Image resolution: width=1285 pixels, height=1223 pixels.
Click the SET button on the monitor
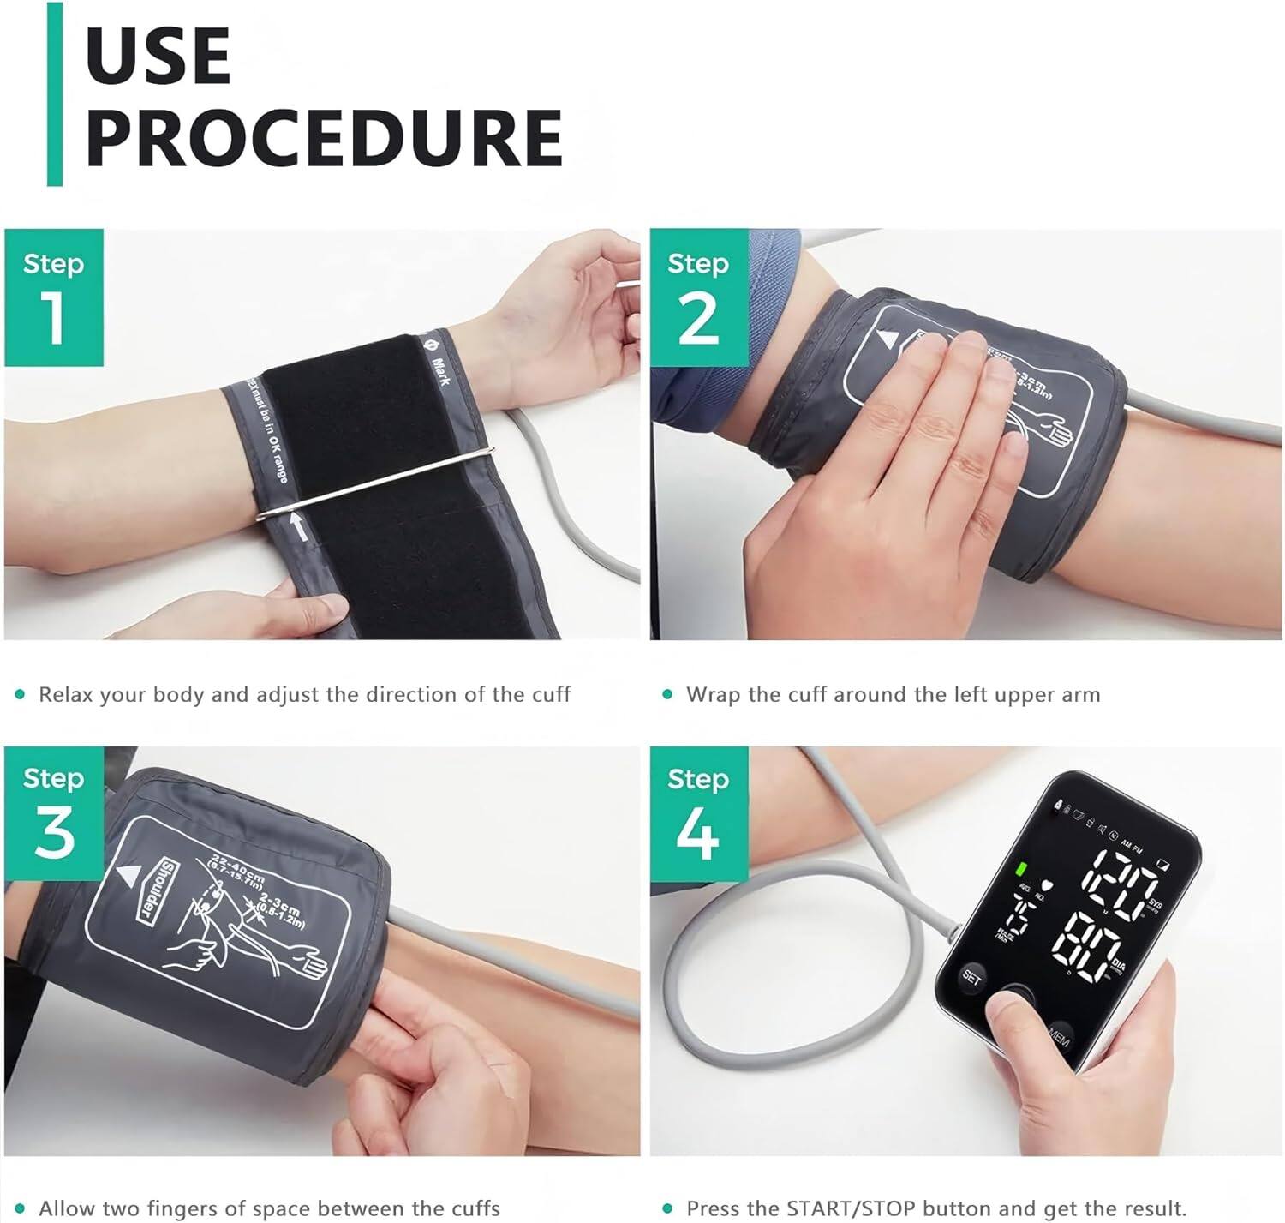[x=971, y=977]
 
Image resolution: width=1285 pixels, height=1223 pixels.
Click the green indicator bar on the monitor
[x=1021, y=871]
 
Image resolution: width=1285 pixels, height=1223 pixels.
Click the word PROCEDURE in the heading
[x=324, y=137]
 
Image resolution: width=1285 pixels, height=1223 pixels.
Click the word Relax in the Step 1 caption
[x=65, y=694]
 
